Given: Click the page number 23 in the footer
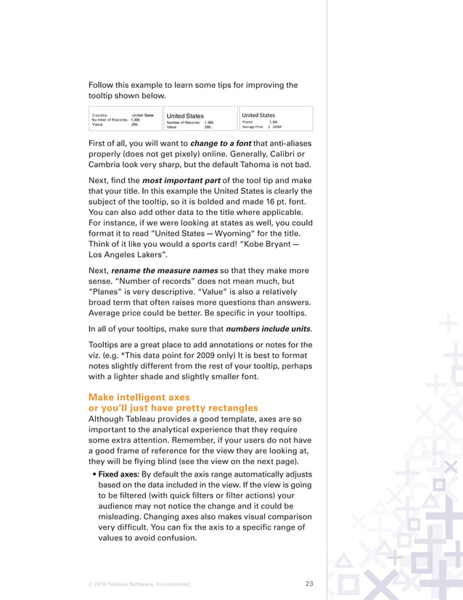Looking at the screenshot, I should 308,583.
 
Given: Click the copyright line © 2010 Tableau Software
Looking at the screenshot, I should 139,583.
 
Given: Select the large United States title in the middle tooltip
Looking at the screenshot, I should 185,115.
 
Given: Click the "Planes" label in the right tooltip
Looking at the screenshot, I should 248,121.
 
